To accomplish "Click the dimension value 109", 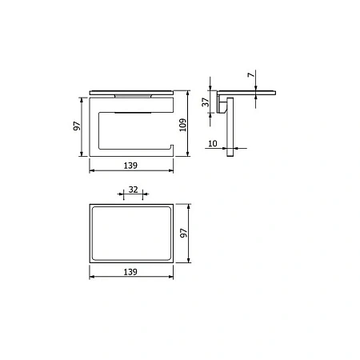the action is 183,125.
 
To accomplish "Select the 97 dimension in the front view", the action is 77,126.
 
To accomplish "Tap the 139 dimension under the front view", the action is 130,166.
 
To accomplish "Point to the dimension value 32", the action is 134,190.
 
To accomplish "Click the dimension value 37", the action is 206,102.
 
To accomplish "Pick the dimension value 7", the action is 251,74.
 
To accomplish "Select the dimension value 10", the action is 213,143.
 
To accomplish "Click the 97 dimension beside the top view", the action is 184,233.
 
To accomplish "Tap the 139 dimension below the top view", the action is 130,272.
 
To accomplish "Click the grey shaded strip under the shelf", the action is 133,96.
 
